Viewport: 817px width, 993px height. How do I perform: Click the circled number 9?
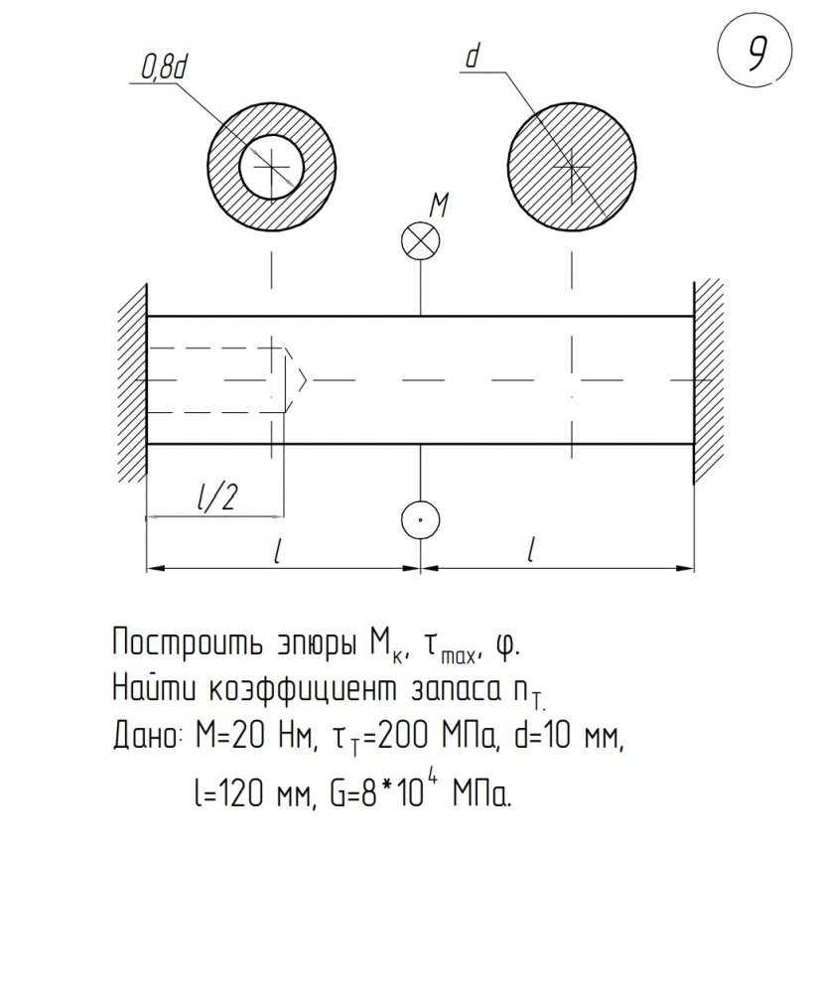tap(755, 51)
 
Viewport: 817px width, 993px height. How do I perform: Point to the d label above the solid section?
tap(472, 57)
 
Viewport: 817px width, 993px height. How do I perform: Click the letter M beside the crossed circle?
tap(438, 206)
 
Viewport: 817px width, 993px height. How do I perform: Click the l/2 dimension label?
tap(217, 497)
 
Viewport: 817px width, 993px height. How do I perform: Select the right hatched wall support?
tap(709, 380)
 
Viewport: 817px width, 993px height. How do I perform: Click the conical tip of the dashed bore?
tap(306, 380)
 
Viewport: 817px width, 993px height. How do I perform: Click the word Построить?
tap(188, 643)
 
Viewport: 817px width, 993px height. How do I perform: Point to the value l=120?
tap(228, 792)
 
